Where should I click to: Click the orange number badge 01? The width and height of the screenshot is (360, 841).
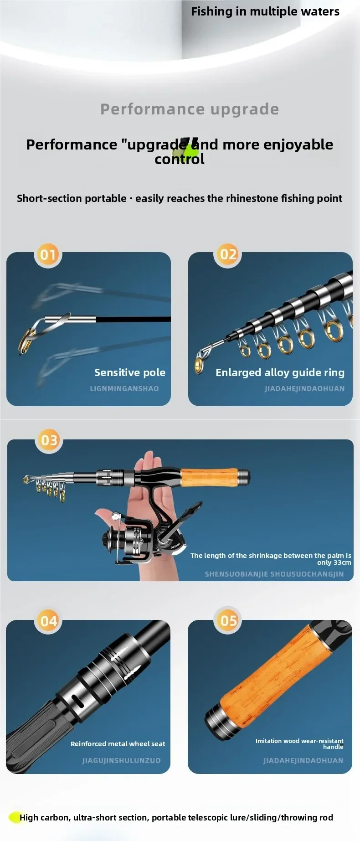pyautogui.click(x=48, y=254)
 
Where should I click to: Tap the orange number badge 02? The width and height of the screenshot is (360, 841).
pyautogui.click(x=228, y=253)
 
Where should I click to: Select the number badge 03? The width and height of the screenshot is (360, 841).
pyautogui.click(x=49, y=440)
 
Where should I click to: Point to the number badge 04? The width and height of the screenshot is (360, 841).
pyautogui.click(x=49, y=621)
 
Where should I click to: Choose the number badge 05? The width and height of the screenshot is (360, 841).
pyautogui.click(x=228, y=620)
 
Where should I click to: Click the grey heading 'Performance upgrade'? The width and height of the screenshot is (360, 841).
pyautogui.click(x=190, y=109)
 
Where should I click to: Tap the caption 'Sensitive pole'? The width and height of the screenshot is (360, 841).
pyautogui.click(x=130, y=372)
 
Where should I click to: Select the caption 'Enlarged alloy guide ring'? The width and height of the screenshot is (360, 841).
pyautogui.click(x=280, y=373)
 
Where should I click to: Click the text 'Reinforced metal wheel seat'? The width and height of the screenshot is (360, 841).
pyautogui.click(x=118, y=744)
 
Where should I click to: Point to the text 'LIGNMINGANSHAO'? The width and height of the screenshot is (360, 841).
pyautogui.click(x=124, y=388)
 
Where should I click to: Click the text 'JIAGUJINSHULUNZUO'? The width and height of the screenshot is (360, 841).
pyautogui.click(x=121, y=760)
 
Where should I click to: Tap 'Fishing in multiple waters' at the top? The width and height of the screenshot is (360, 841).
pyautogui.click(x=265, y=11)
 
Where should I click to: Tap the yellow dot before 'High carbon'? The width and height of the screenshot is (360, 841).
pyautogui.click(x=15, y=817)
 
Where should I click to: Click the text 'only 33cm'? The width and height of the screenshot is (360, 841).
pyautogui.click(x=334, y=562)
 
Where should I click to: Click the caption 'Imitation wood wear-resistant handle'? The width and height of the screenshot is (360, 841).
pyautogui.click(x=299, y=743)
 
